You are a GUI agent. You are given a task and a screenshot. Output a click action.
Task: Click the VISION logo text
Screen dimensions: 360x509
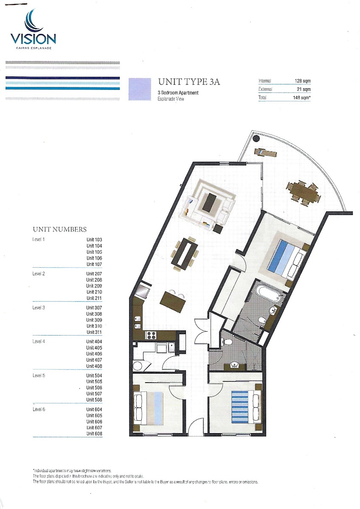[x=33, y=39]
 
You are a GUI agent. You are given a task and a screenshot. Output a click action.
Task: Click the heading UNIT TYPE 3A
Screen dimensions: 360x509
[x=189, y=82]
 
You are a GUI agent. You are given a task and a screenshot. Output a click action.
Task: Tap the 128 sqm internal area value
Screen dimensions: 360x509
[x=302, y=81]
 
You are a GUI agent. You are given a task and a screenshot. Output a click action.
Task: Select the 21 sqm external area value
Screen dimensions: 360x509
[x=304, y=89]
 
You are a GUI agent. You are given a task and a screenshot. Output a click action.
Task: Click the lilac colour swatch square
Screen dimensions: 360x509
[x=140, y=89]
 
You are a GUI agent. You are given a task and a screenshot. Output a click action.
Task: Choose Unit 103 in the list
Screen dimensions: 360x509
[x=94, y=240]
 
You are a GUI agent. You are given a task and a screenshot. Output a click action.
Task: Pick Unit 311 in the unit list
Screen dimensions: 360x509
[x=94, y=332]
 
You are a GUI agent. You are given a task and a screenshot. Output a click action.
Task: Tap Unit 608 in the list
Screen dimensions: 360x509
[x=94, y=433]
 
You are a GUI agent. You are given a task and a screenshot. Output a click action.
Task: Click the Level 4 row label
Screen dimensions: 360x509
[x=39, y=341]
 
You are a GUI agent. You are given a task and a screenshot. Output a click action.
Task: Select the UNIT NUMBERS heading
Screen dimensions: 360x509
[x=59, y=229]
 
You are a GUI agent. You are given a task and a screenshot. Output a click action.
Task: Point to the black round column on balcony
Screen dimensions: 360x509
[x=256, y=138]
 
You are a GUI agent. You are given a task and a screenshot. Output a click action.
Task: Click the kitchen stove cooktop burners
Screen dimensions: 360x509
[x=152, y=335]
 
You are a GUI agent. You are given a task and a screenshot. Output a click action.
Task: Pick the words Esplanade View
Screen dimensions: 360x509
[x=171, y=99]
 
